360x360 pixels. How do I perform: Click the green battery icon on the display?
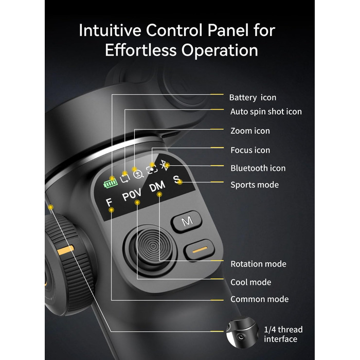point(111,184)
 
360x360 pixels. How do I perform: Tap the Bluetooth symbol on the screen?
point(164,165)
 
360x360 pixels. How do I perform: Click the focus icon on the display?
point(152,170)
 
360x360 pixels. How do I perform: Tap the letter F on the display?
point(109,202)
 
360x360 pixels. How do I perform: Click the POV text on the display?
point(132,194)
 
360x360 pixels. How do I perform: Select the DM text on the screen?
point(157,186)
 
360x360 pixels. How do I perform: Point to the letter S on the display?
point(176,179)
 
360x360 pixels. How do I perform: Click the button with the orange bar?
point(199,250)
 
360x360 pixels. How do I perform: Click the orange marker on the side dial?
point(66,250)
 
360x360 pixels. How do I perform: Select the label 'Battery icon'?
point(253,98)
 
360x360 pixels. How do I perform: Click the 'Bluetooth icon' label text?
point(258,168)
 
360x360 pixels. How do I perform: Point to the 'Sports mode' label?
point(255,185)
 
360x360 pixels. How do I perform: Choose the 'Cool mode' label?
point(251,282)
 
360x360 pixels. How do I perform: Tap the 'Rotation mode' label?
point(258,264)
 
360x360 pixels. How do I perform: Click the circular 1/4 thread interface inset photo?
point(242,332)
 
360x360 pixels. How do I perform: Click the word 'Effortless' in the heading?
point(141,50)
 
